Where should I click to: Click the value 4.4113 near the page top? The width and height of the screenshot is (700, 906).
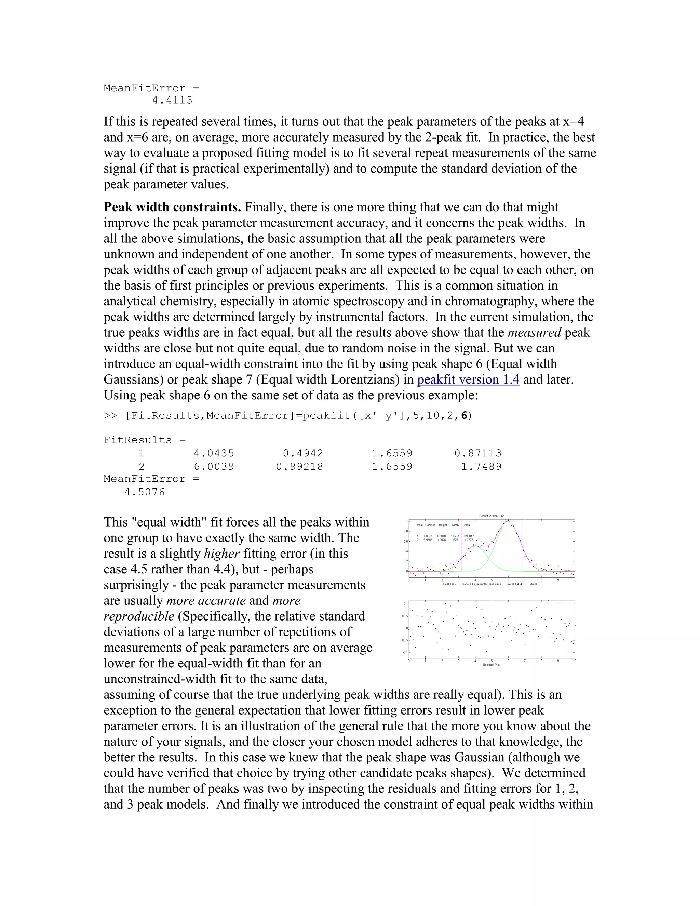[172, 101]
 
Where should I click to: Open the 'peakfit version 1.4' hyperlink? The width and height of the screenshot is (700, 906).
[468, 379]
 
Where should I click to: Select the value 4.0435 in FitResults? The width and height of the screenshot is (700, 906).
[214, 453]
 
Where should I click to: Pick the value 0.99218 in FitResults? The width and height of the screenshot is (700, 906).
[299, 467]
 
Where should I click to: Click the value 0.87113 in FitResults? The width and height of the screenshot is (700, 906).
[478, 453]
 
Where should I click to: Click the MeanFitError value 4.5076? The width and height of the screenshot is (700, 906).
[145, 492]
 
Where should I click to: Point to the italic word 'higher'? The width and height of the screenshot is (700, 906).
[222, 554]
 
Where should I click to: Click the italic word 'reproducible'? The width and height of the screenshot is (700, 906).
[139, 616]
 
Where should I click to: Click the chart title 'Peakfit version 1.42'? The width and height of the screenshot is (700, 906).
[492, 516]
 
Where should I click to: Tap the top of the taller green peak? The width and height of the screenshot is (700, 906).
[508, 521]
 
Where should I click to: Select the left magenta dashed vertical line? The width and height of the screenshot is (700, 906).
[462, 552]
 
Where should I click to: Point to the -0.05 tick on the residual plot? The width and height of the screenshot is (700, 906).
[404, 640]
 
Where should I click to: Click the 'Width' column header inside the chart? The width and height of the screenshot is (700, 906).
[455, 525]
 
